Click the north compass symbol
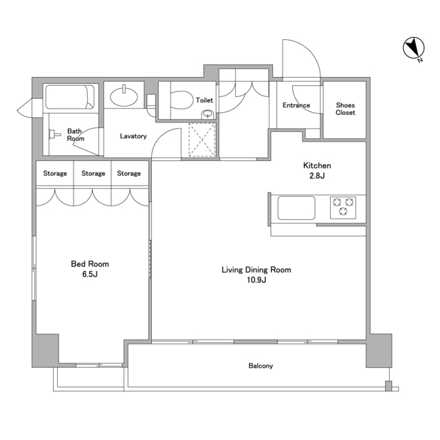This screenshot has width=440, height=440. (414, 49)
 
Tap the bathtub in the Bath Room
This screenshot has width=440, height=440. (70, 97)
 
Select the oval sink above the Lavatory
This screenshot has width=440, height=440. (124, 96)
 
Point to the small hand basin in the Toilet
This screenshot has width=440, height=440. (208, 114)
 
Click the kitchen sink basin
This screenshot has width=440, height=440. (296, 208)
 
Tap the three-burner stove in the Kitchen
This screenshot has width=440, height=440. (343, 208)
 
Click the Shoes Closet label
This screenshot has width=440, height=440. (345, 109)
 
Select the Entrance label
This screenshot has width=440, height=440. (296, 105)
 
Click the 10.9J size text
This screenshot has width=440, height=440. (256, 280)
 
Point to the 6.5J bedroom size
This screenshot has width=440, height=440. (90, 274)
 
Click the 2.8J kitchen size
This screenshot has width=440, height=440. (317, 176)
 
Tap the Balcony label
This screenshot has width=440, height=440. (261, 366)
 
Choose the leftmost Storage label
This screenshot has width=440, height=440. (55, 173)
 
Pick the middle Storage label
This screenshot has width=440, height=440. (93, 173)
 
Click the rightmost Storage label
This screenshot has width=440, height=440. (129, 173)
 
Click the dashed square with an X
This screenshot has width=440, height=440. (202, 140)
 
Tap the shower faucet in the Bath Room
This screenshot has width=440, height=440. (55, 134)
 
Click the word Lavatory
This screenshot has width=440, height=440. (133, 136)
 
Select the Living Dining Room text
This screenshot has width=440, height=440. (256, 269)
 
